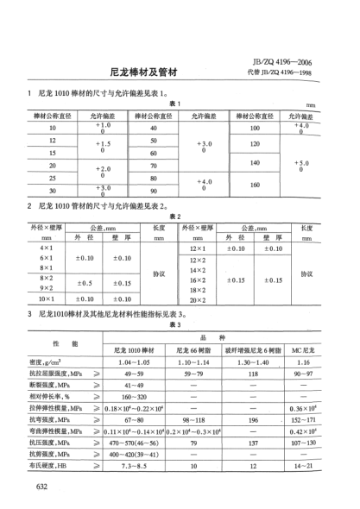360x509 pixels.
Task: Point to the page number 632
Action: tap(41, 486)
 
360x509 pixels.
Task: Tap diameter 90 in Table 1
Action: tap(153, 191)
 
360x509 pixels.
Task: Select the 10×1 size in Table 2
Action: tap(47, 298)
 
